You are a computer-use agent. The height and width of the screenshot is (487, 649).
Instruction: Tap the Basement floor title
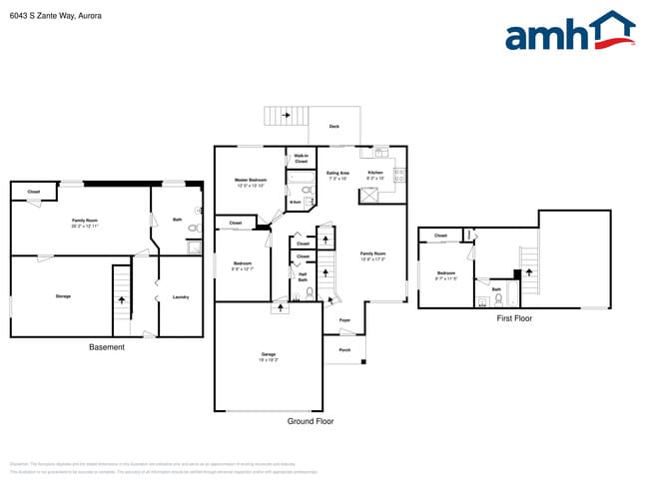(x=107, y=347)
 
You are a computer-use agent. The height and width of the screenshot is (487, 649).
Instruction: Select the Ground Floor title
(x=311, y=421)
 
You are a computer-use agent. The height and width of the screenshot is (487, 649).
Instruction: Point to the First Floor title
(x=514, y=318)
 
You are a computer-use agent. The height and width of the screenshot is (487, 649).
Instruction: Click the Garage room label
(x=269, y=355)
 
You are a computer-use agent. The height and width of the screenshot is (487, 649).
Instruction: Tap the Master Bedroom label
(x=250, y=182)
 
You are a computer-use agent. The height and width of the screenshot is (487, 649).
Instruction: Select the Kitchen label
(x=375, y=175)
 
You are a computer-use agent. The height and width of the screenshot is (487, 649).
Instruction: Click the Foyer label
(x=344, y=320)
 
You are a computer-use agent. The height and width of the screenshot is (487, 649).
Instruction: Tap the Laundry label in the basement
(x=181, y=296)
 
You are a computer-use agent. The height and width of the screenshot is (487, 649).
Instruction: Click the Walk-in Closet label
(x=301, y=158)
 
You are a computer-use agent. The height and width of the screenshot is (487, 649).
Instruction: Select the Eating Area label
(x=338, y=175)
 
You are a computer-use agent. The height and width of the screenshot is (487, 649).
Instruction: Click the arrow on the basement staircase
(x=122, y=299)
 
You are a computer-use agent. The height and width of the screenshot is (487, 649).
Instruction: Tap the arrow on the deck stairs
(x=285, y=116)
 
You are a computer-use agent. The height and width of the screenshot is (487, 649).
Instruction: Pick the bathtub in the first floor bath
(x=512, y=295)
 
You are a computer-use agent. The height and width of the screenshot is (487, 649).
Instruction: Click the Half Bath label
(x=303, y=278)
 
